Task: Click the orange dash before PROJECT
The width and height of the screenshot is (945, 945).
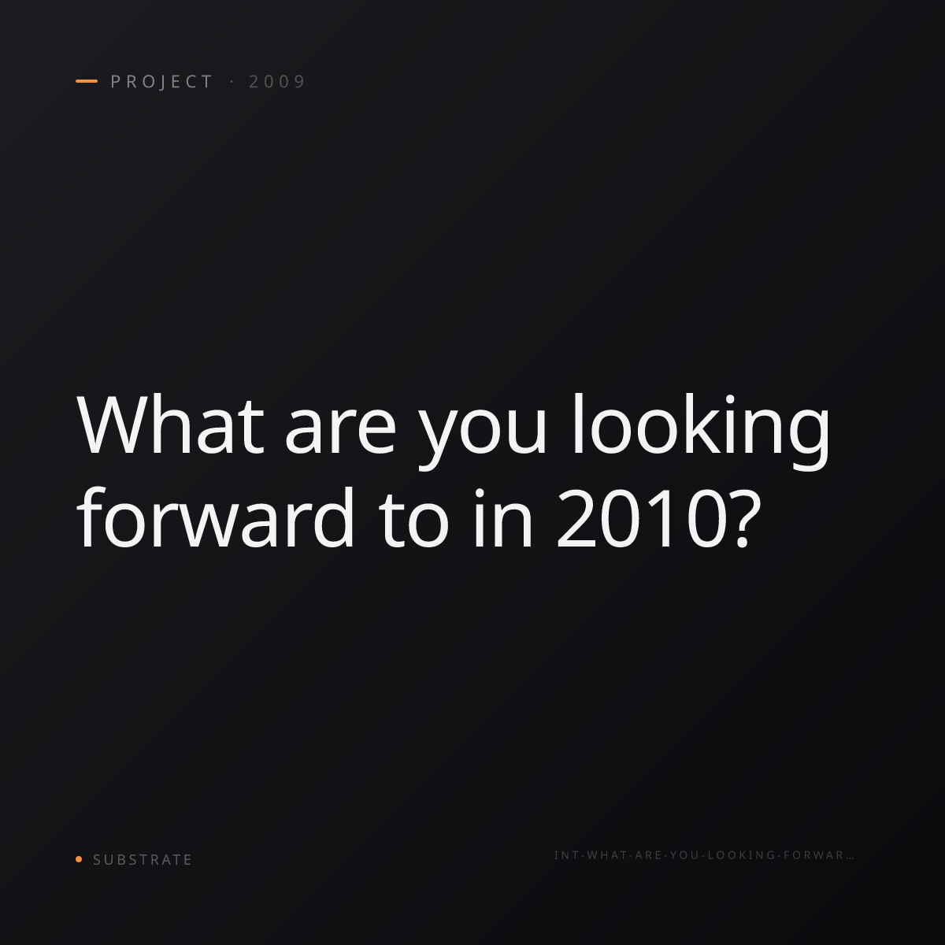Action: (x=87, y=81)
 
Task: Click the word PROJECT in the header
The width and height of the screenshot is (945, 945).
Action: (x=161, y=82)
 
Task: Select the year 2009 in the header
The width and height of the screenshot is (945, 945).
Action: (x=277, y=82)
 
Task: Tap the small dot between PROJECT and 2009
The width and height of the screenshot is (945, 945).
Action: (x=232, y=82)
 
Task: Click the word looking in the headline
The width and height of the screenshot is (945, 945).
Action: (x=702, y=432)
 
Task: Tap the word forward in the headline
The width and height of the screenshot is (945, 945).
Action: (x=215, y=517)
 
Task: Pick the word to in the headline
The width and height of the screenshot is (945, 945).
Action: (x=413, y=522)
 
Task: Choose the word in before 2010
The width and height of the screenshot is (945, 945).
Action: (x=502, y=518)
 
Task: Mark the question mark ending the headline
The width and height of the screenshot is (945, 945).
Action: (x=743, y=518)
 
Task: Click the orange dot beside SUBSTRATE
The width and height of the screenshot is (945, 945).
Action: (x=79, y=858)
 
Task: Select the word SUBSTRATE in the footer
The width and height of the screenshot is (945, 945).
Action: (x=143, y=860)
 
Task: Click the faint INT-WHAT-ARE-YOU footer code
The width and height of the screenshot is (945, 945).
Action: (x=704, y=855)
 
